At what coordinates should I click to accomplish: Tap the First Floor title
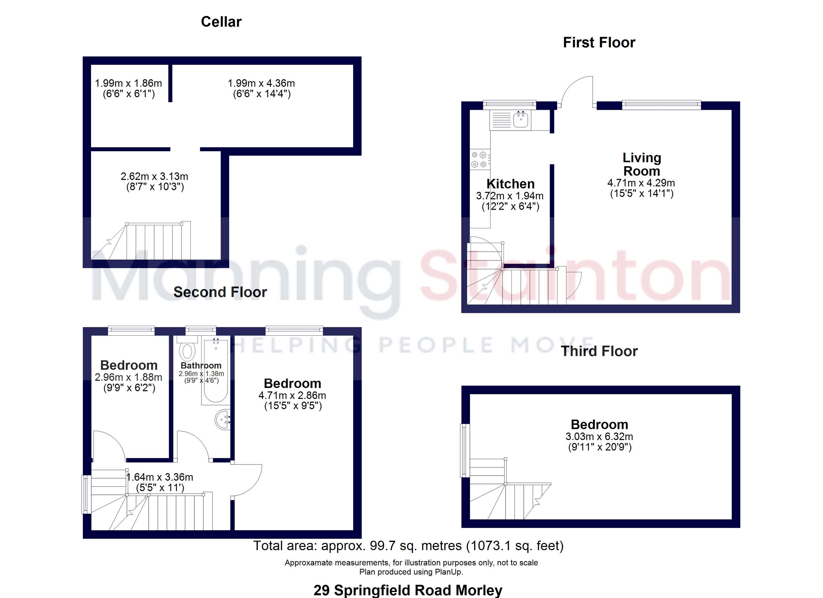click(599, 42)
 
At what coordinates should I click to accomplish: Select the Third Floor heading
click(599, 351)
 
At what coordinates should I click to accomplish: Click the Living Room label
click(641, 164)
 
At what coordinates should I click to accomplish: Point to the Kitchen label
click(510, 184)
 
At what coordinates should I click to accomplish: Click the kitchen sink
click(521, 120)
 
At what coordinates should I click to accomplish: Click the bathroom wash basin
click(223, 420)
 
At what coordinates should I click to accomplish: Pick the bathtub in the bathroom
click(215, 370)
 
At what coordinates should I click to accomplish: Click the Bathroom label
click(201, 366)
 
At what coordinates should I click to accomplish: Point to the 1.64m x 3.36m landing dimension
click(160, 477)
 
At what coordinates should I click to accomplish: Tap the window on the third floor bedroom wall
click(465, 450)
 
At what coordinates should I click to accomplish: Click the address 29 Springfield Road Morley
click(408, 590)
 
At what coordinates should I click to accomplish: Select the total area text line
click(408, 545)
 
